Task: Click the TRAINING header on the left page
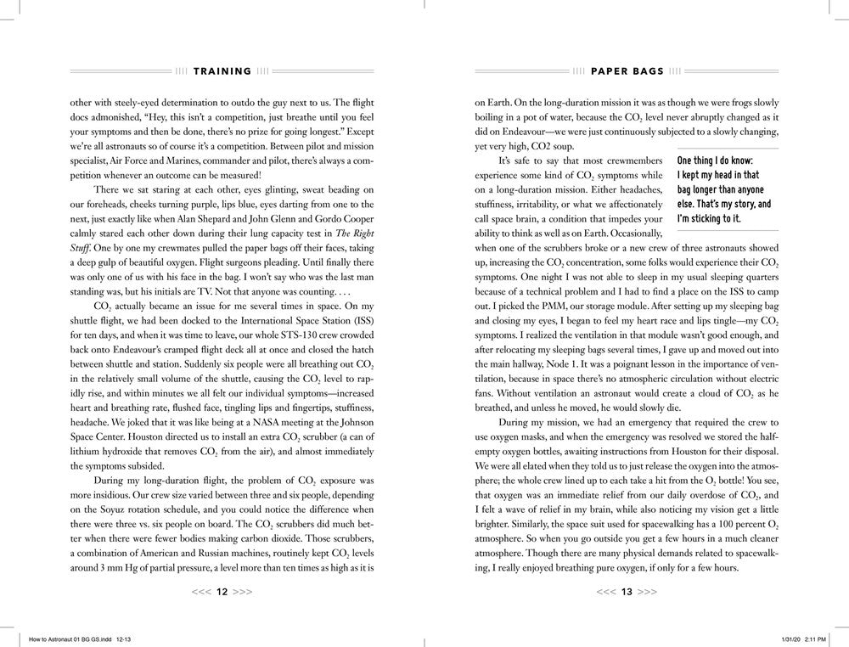point(222,71)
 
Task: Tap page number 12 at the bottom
point(222,592)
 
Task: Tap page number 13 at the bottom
point(627,592)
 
